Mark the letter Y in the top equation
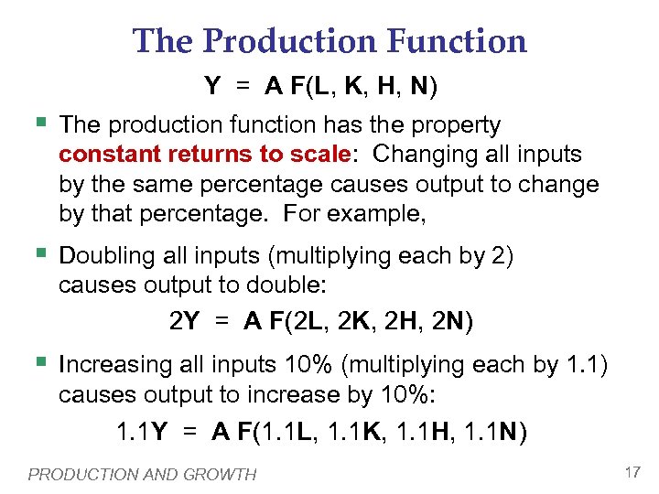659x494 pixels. (212, 87)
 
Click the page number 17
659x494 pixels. (632, 472)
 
